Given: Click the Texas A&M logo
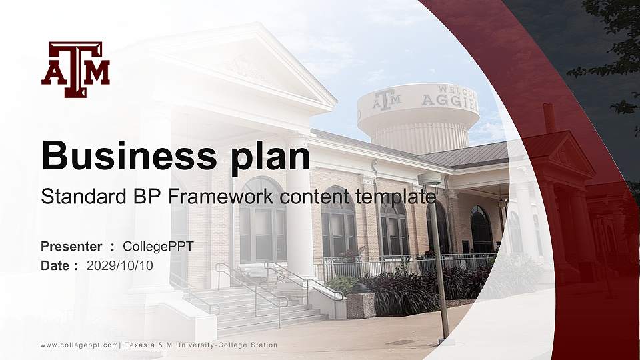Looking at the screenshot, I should click(x=75, y=70).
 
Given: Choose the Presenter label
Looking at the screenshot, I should click(x=71, y=247).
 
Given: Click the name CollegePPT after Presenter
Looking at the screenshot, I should click(x=158, y=247).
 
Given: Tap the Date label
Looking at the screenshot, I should click(x=55, y=265).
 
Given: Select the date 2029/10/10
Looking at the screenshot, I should click(x=120, y=265).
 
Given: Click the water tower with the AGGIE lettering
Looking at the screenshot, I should click(x=419, y=117).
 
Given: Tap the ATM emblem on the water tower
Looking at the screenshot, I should click(x=387, y=101).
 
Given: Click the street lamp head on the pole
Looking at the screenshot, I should click(x=429, y=179).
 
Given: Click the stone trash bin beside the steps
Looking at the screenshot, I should click(x=361, y=303).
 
